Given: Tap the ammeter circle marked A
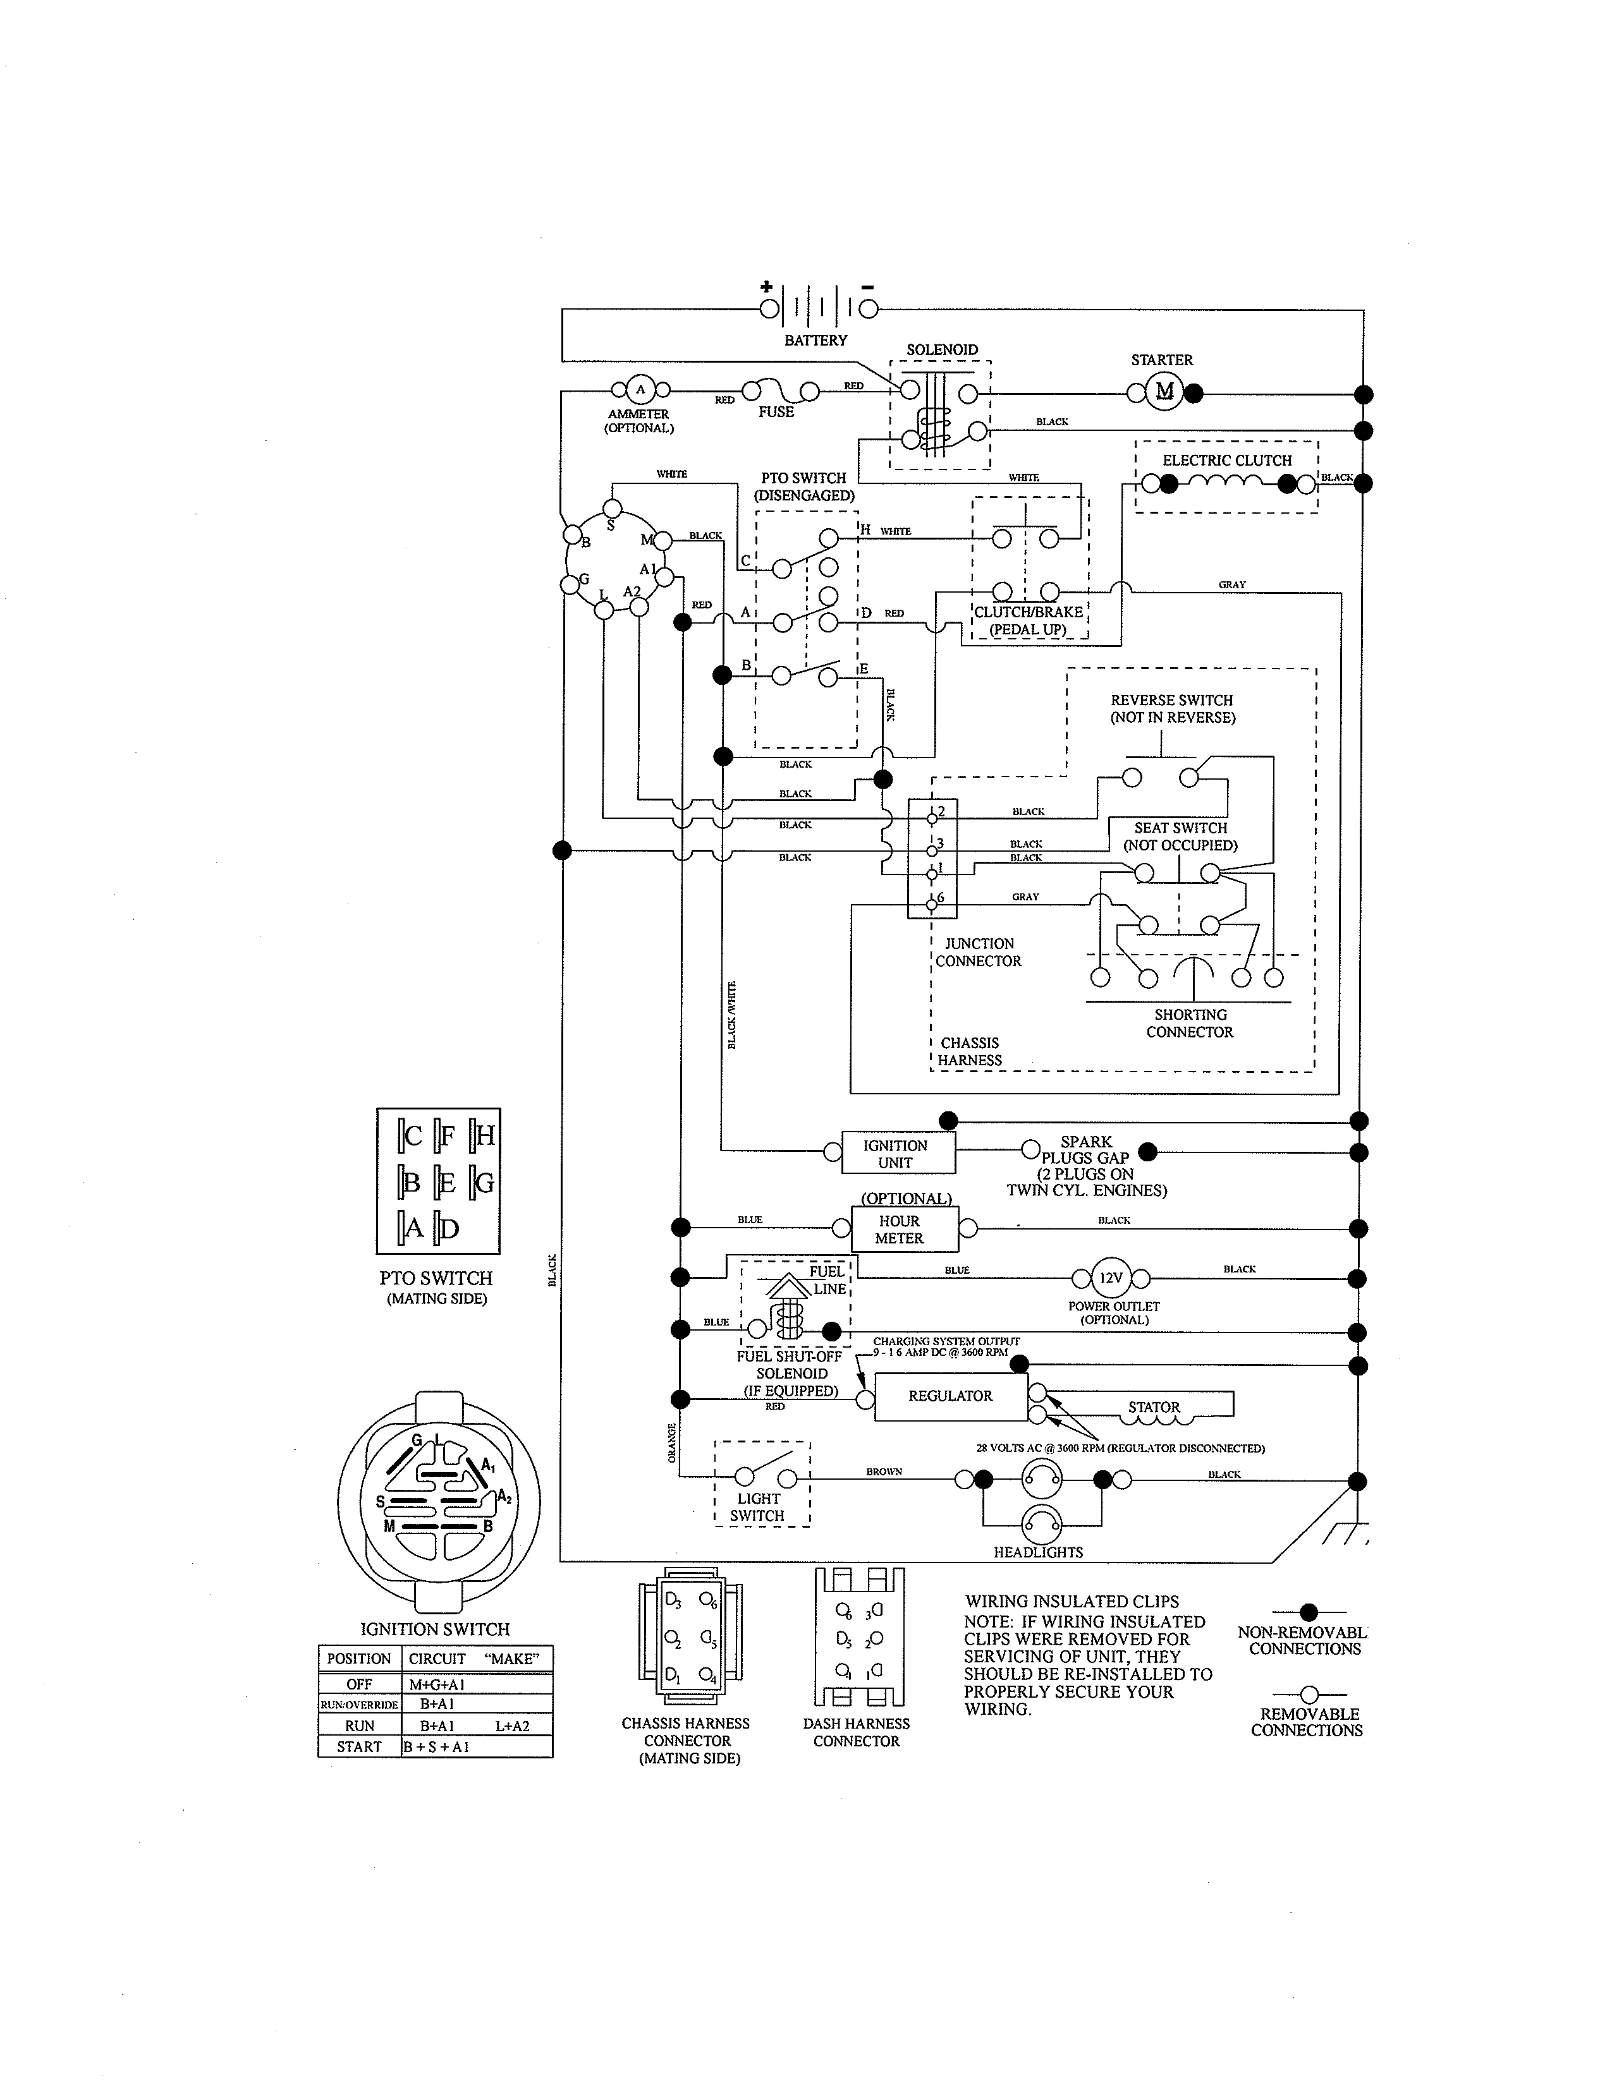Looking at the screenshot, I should click(x=640, y=389).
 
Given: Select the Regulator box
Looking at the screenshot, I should click(x=950, y=1396).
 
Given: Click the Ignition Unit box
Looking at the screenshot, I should click(x=896, y=1153).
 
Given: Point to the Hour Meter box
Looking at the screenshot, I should click(x=899, y=1230).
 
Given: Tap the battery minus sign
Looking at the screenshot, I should click(x=867, y=286).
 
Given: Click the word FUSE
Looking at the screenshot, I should click(x=776, y=411).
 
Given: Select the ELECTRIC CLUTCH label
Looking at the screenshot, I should click(x=1226, y=460).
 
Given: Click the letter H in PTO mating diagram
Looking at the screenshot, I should click(x=485, y=1135).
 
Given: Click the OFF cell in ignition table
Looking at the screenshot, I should click(x=359, y=1684).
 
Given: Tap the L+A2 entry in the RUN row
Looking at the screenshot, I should click(x=512, y=1726).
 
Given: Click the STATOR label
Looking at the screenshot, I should click(x=1154, y=1407).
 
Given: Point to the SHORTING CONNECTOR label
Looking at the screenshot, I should click(x=1190, y=1024).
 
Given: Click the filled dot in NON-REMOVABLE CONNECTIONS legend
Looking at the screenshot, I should click(x=1309, y=1612).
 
